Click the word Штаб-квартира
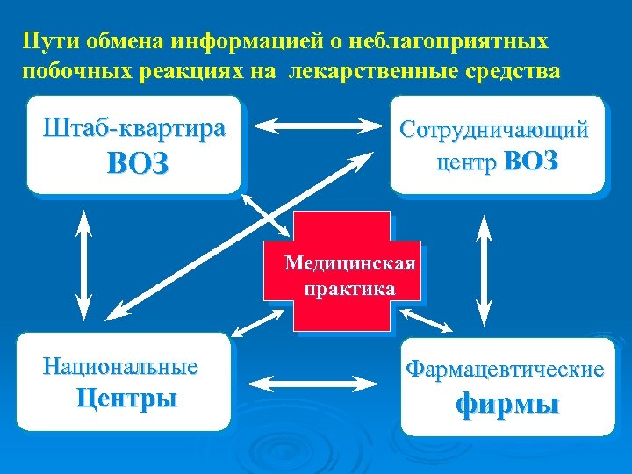tap(134, 128)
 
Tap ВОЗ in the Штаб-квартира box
tap(137, 164)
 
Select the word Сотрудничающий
tap(494, 130)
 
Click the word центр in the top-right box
tap(465, 162)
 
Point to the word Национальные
tap(120, 365)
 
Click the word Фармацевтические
tap(505, 370)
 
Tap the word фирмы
tap(507, 405)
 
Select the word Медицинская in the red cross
tap(350, 263)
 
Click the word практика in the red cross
tap(348, 288)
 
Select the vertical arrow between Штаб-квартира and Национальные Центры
tap(84, 263)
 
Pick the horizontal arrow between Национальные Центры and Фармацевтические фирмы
tap(313, 384)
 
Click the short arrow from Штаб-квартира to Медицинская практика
tap(264, 213)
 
